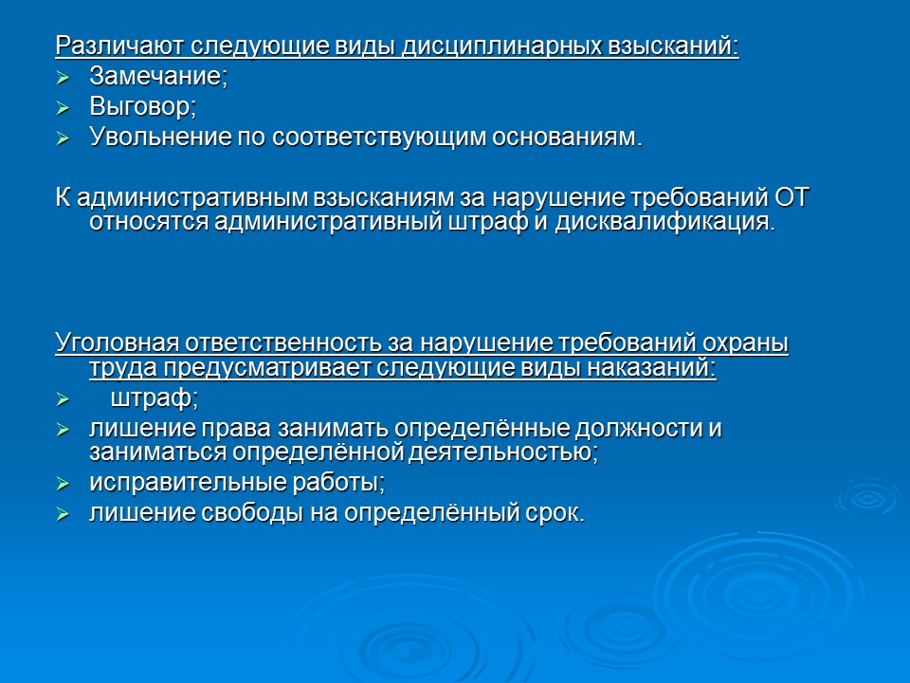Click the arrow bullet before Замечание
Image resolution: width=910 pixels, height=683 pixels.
[x=64, y=77]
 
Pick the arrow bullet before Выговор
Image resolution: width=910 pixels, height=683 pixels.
[x=64, y=107]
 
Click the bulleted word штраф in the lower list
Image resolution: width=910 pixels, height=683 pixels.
[x=159, y=397]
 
